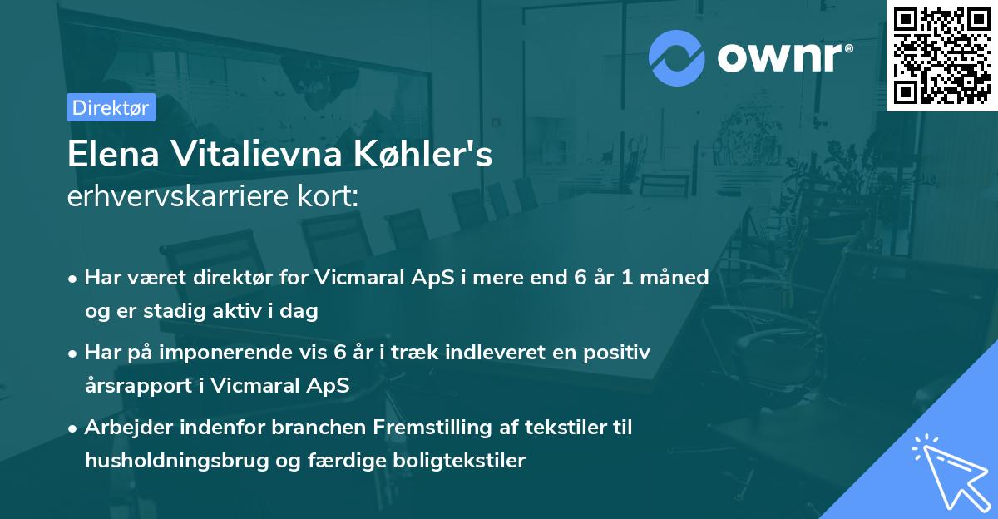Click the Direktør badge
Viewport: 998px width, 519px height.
coord(111,107)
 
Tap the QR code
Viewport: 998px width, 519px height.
coord(942,55)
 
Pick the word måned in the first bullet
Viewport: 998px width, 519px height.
coord(679,278)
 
